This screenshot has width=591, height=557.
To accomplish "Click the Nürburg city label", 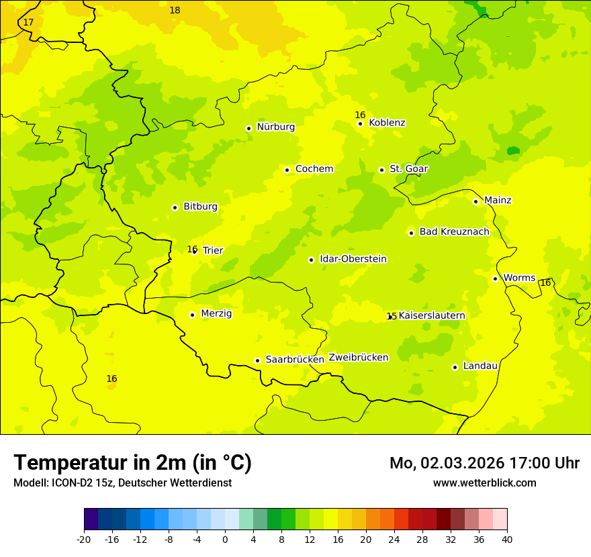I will tap(275, 127).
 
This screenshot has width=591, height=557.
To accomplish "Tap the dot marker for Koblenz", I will tap(361, 123).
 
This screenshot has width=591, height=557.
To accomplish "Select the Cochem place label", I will tap(314, 169).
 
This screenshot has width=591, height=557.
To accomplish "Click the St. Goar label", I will tap(408, 169).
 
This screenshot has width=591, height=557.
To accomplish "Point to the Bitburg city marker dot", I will tap(175, 207).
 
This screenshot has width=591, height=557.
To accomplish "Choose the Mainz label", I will tap(498, 201).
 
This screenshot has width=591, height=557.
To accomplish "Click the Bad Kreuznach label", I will tap(454, 232).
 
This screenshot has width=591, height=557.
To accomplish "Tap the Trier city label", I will tap(213, 251).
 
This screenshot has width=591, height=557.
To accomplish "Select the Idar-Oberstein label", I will tap(353, 259).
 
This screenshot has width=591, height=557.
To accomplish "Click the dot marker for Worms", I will tap(496, 278).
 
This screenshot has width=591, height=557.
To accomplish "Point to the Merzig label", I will tap(216, 314).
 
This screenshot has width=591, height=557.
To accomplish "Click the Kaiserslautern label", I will tap(432, 316).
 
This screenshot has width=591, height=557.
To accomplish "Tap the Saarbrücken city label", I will tap(295, 360).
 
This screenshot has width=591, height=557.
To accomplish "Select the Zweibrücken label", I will tap(359, 358).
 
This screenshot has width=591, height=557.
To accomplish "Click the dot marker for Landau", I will tap(455, 367).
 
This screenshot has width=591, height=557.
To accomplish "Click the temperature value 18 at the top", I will tap(175, 11).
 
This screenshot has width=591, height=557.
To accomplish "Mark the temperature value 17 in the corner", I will tap(28, 23).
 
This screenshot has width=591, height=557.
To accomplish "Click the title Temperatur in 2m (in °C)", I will tap(132, 463).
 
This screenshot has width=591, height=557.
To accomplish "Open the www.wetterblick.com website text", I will tap(484, 483).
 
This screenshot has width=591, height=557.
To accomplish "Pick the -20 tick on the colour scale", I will tap(84, 539).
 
